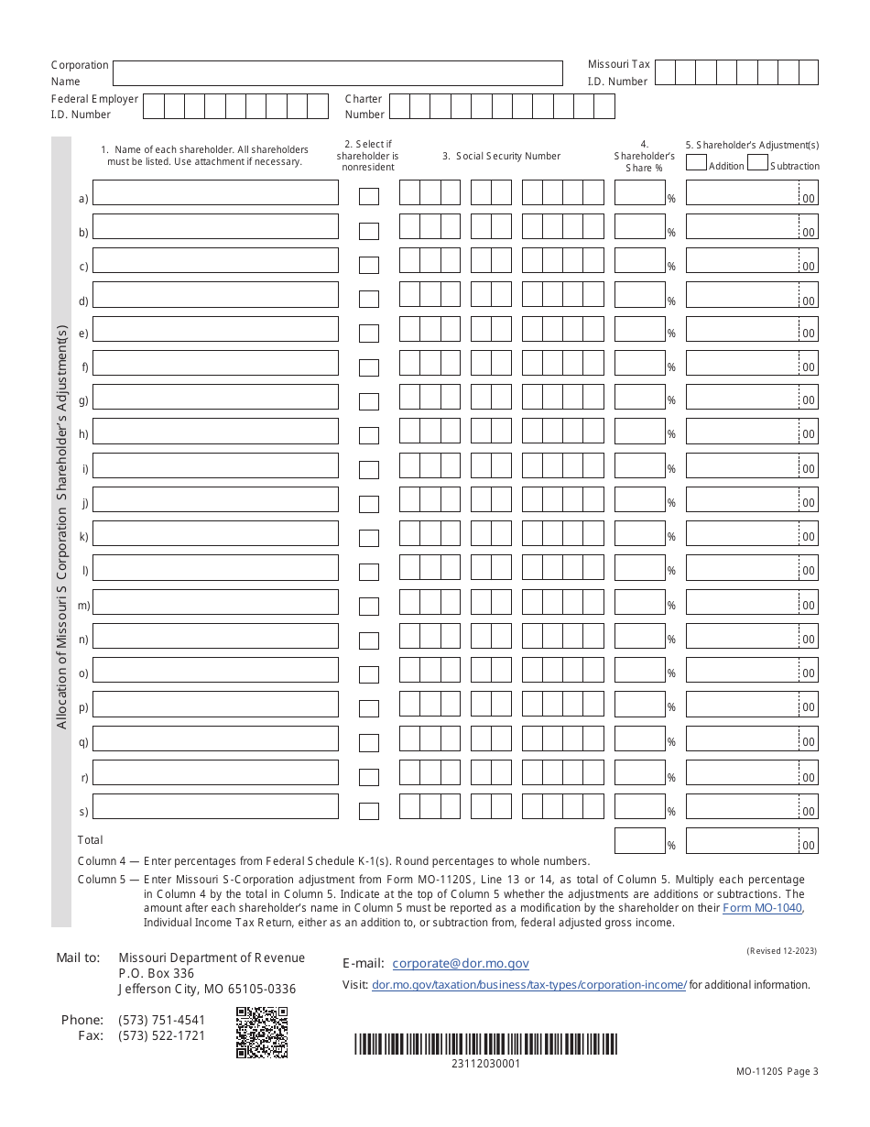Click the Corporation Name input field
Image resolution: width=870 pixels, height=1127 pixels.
click(x=337, y=73)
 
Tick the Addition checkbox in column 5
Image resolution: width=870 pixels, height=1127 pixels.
click(x=696, y=163)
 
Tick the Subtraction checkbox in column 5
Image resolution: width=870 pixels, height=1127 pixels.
click(x=757, y=163)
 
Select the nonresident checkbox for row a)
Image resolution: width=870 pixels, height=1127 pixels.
click(x=368, y=197)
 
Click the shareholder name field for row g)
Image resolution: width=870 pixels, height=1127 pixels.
click(x=215, y=398)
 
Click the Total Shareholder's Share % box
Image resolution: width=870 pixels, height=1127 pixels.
click(x=638, y=840)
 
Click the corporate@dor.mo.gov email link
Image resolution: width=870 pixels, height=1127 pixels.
click(x=460, y=963)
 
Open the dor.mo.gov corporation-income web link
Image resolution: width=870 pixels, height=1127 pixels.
click(x=528, y=985)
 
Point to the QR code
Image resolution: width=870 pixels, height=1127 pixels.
click(x=262, y=1033)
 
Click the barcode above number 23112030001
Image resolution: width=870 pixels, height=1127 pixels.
click(x=485, y=1045)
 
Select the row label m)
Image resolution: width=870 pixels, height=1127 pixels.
click(x=83, y=606)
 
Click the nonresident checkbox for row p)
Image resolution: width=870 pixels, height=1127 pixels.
click(x=368, y=708)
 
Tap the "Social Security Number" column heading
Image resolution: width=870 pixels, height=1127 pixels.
click(x=501, y=157)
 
